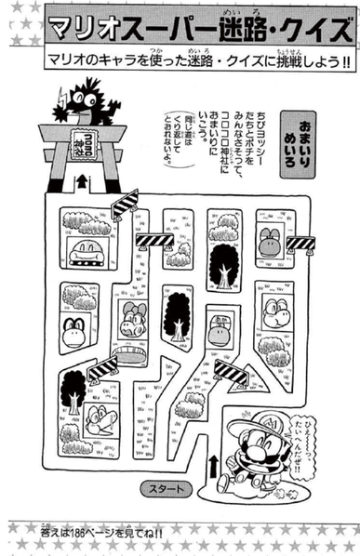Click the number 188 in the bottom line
[100, 532]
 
